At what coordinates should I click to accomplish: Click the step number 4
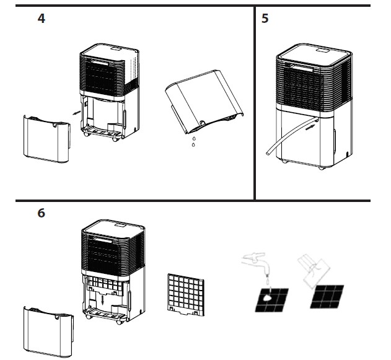(41, 19)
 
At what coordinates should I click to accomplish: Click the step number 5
(265, 19)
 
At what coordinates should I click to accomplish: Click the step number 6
(41, 213)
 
